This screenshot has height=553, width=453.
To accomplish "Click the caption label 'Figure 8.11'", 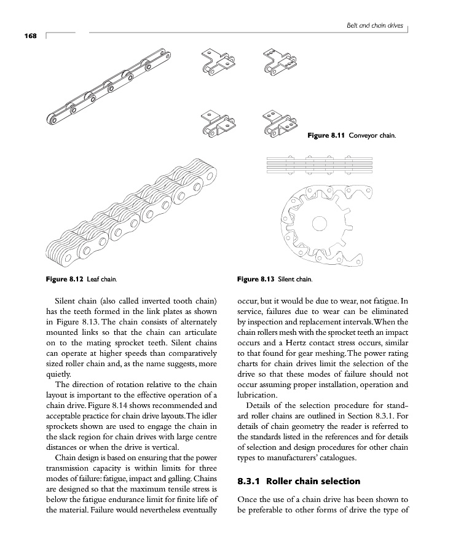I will tap(326, 135).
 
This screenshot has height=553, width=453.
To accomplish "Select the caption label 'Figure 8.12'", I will tap(65, 280).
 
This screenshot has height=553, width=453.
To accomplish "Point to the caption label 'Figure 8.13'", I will tap(256, 280).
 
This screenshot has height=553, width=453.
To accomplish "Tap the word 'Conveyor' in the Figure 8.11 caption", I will tap(362, 135).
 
